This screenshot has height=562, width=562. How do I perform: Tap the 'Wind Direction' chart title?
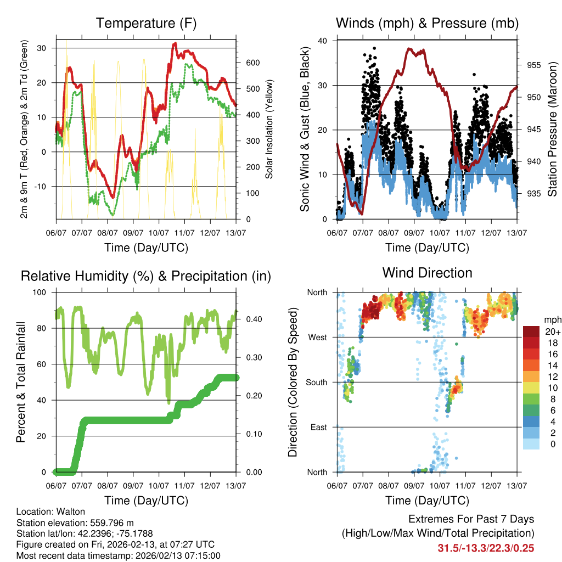[428, 272]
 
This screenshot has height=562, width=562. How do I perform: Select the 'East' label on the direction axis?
[317, 427]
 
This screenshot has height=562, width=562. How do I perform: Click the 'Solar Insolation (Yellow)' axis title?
[269, 130]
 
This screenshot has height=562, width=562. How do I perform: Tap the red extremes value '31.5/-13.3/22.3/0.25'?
[486, 548]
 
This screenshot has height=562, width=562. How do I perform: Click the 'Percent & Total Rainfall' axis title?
[21, 382]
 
